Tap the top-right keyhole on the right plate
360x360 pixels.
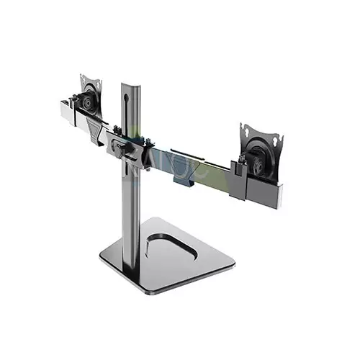(272, 135)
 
